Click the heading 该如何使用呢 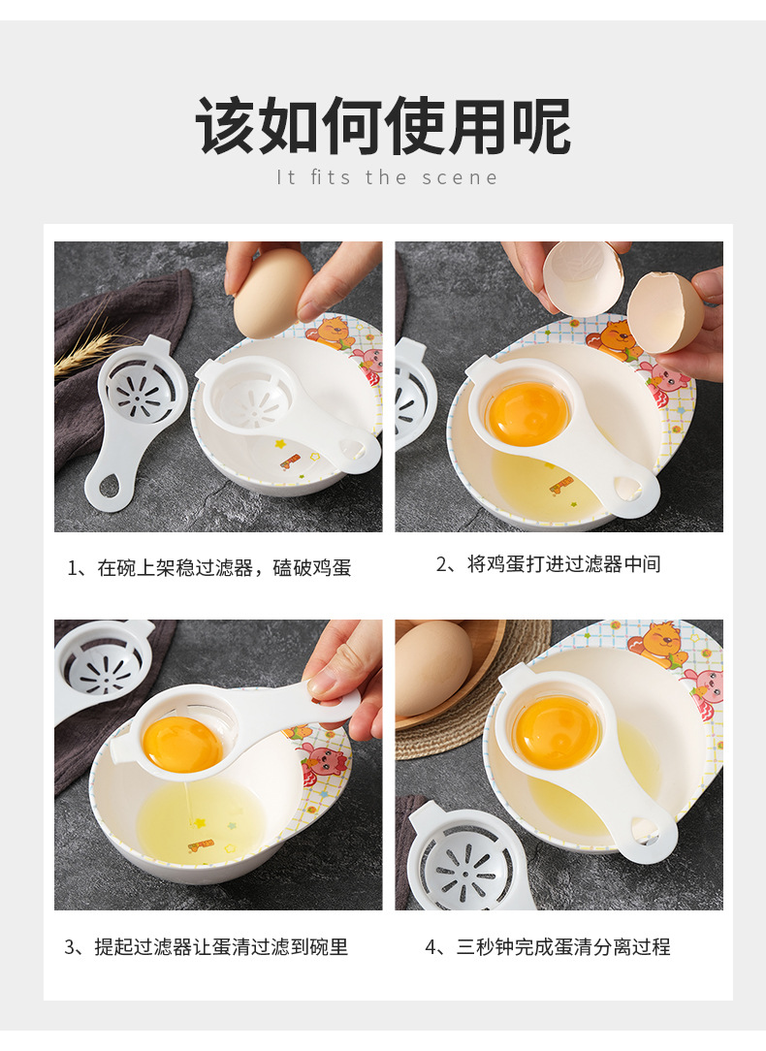click(x=384, y=126)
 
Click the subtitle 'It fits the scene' click(x=387, y=177)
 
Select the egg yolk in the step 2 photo click(x=527, y=414)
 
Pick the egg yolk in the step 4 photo click(x=557, y=732)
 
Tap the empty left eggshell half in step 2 click(x=582, y=276)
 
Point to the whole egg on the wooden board click(x=432, y=666)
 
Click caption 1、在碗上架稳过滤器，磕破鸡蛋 click(x=208, y=568)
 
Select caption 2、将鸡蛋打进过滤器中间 click(x=549, y=564)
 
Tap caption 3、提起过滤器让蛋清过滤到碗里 click(x=206, y=947)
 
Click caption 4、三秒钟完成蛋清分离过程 click(x=548, y=947)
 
